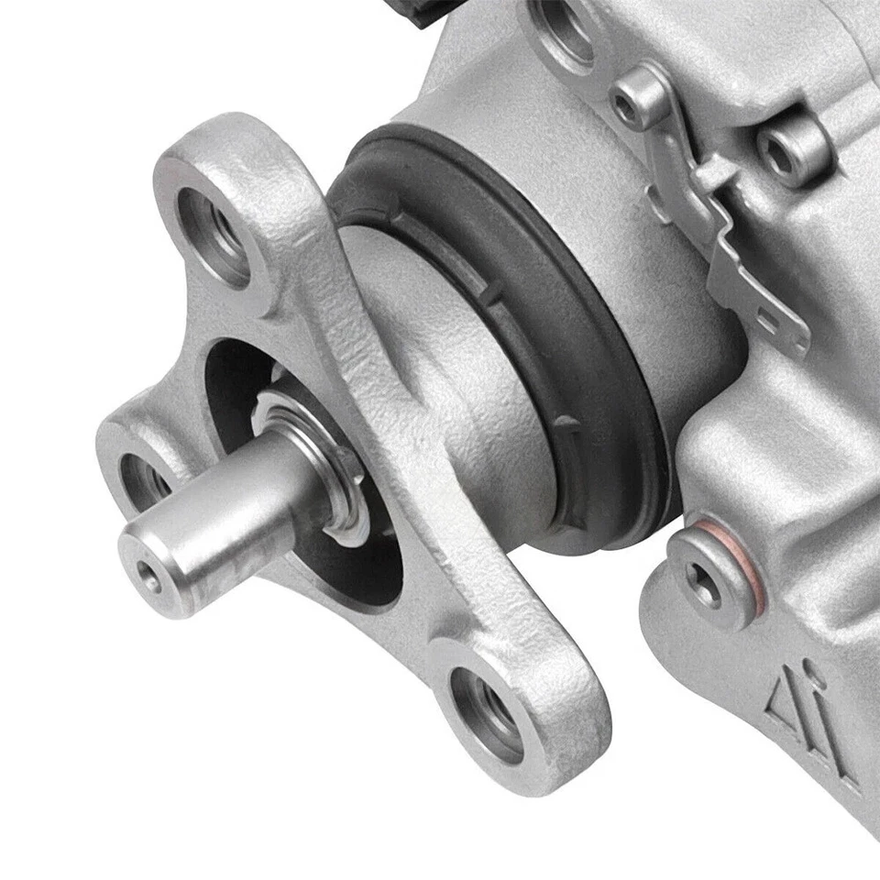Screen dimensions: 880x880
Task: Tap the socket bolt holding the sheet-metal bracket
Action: pyautogui.click(x=631, y=106)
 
